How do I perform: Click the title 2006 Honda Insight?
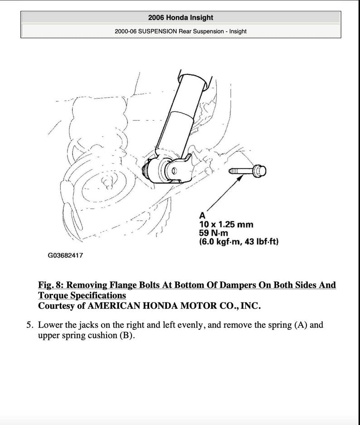tap(180, 18)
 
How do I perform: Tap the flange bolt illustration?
tap(248, 171)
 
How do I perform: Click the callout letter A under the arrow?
tap(202, 216)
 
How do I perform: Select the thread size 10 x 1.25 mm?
tap(226, 225)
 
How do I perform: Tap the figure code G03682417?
tap(65, 255)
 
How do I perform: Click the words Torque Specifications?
tap(82, 296)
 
